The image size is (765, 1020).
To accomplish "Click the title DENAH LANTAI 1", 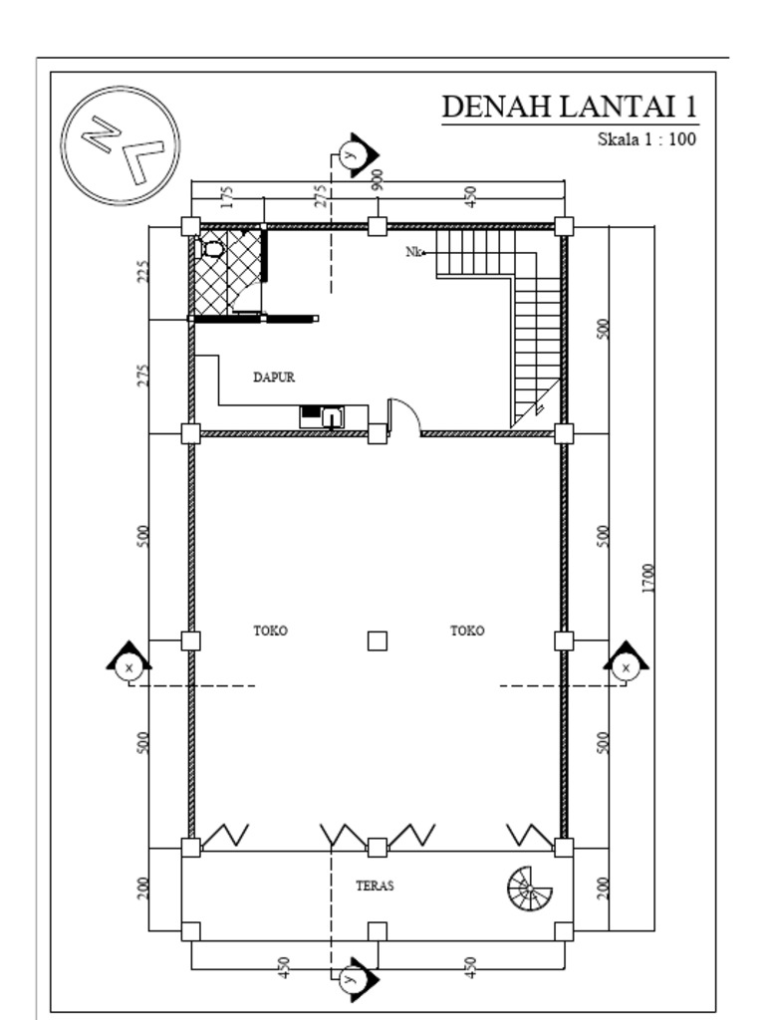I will (569, 107).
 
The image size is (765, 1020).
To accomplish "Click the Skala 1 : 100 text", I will (645, 139).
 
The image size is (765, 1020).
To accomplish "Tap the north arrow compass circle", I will (121, 145).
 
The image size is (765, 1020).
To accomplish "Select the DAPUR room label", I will (274, 378).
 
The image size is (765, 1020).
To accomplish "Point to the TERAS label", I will (375, 886).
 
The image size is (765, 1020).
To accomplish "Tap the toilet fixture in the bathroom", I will (212, 247).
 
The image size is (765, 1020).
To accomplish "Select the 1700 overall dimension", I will (648, 578).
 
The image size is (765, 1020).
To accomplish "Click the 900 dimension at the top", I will (378, 180).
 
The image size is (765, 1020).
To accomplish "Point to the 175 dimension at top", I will (227, 196).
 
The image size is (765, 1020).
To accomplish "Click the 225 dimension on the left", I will (143, 272).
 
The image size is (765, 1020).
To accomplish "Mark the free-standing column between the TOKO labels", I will (377, 640).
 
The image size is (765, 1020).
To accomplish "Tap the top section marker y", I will (350, 154).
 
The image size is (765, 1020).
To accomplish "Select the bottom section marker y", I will (350, 979).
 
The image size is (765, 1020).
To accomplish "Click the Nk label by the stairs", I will (414, 252).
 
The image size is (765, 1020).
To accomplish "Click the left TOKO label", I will (271, 631).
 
